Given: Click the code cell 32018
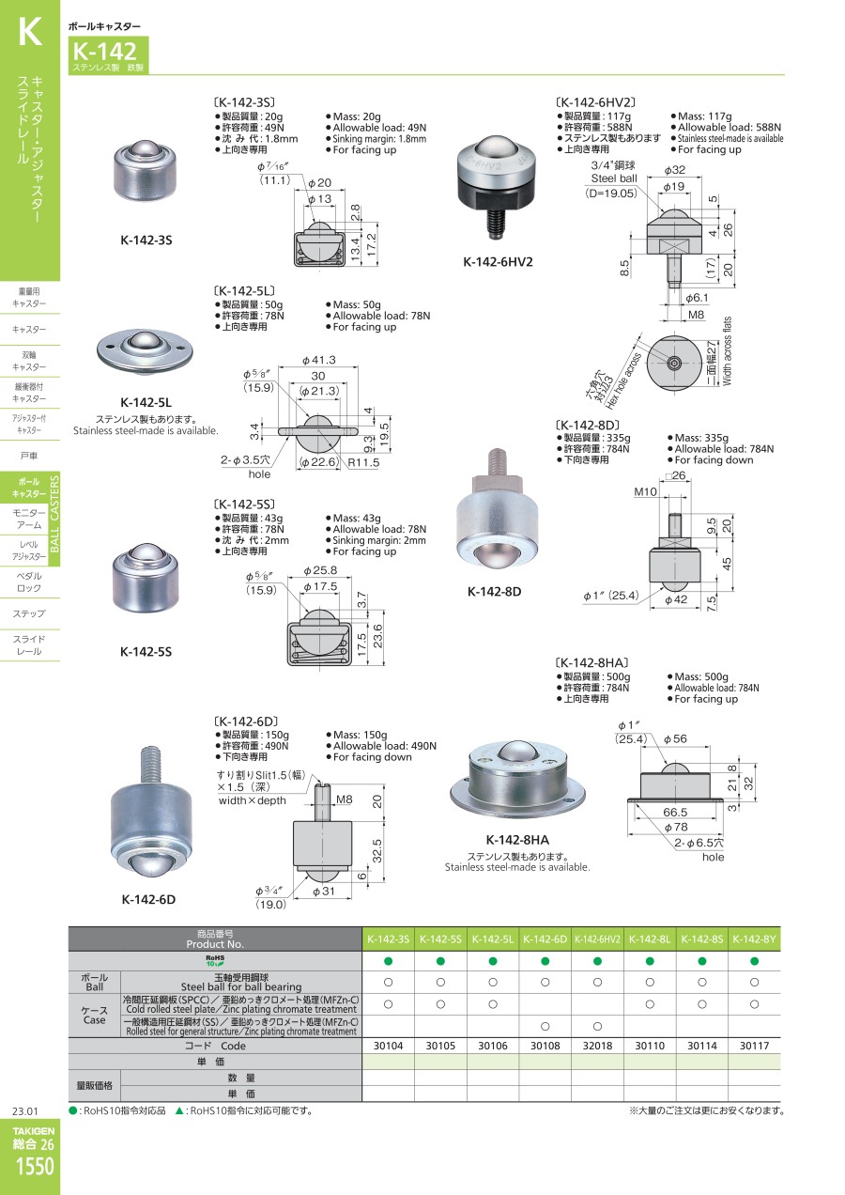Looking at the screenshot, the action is pos(597,1046).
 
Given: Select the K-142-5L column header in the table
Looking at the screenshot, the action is pos(493,939).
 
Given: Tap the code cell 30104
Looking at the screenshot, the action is pos(388,1046).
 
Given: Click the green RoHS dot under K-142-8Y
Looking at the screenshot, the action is pos(754,961).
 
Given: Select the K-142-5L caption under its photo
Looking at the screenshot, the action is pos(146,402).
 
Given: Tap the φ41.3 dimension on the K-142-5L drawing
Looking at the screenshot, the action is pos(319,360).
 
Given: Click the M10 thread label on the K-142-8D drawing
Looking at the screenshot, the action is pos(645,491).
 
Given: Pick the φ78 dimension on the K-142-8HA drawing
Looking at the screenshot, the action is pos(675,827).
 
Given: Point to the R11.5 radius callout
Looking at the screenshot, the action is pos(364,462).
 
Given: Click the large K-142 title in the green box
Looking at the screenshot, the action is pos(104,52).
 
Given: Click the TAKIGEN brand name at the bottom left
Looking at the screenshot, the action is pos(34,1130).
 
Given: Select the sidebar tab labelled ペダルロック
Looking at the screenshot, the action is pos(29,582).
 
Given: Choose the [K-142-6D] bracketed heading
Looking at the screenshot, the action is pos(245,722).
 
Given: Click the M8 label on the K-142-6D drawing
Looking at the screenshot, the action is pos(345,799).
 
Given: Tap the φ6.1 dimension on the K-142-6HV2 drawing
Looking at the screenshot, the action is pos(697,298).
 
